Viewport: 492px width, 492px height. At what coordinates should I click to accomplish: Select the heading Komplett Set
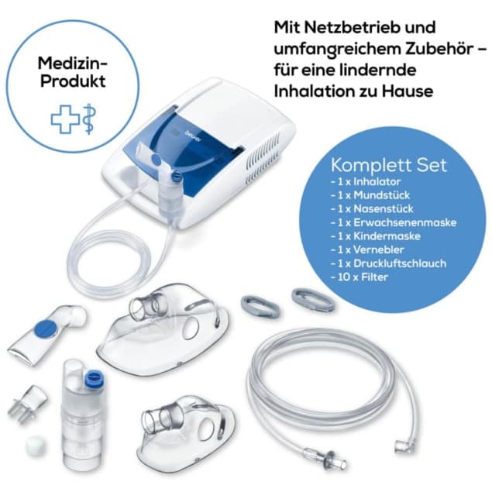click(388, 166)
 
